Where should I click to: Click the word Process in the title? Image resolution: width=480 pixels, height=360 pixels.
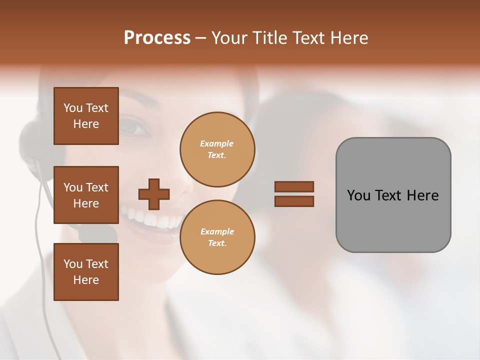click(157, 38)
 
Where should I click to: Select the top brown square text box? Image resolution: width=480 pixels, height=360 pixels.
click(86, 116)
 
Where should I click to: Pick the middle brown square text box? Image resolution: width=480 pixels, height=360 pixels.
click(86, 195)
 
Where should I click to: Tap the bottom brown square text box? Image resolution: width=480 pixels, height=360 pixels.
click(86, 272)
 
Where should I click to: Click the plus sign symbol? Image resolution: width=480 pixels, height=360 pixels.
click(154, 194)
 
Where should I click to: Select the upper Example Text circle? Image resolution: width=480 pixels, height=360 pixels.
click(217, 149)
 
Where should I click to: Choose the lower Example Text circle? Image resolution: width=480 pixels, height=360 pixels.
click(217, 237)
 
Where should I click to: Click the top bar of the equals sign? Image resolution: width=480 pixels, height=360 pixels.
click(294, 186)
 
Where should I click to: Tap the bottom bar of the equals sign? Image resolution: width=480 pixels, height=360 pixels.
click(294, 201)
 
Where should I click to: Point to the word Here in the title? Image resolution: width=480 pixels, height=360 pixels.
click(348, 38)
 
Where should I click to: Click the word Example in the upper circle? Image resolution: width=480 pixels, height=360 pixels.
click(217, 143)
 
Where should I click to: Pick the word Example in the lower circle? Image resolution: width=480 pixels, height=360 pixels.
click(217, 231)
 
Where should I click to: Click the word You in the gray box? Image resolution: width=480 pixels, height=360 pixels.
click(358, 195)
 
